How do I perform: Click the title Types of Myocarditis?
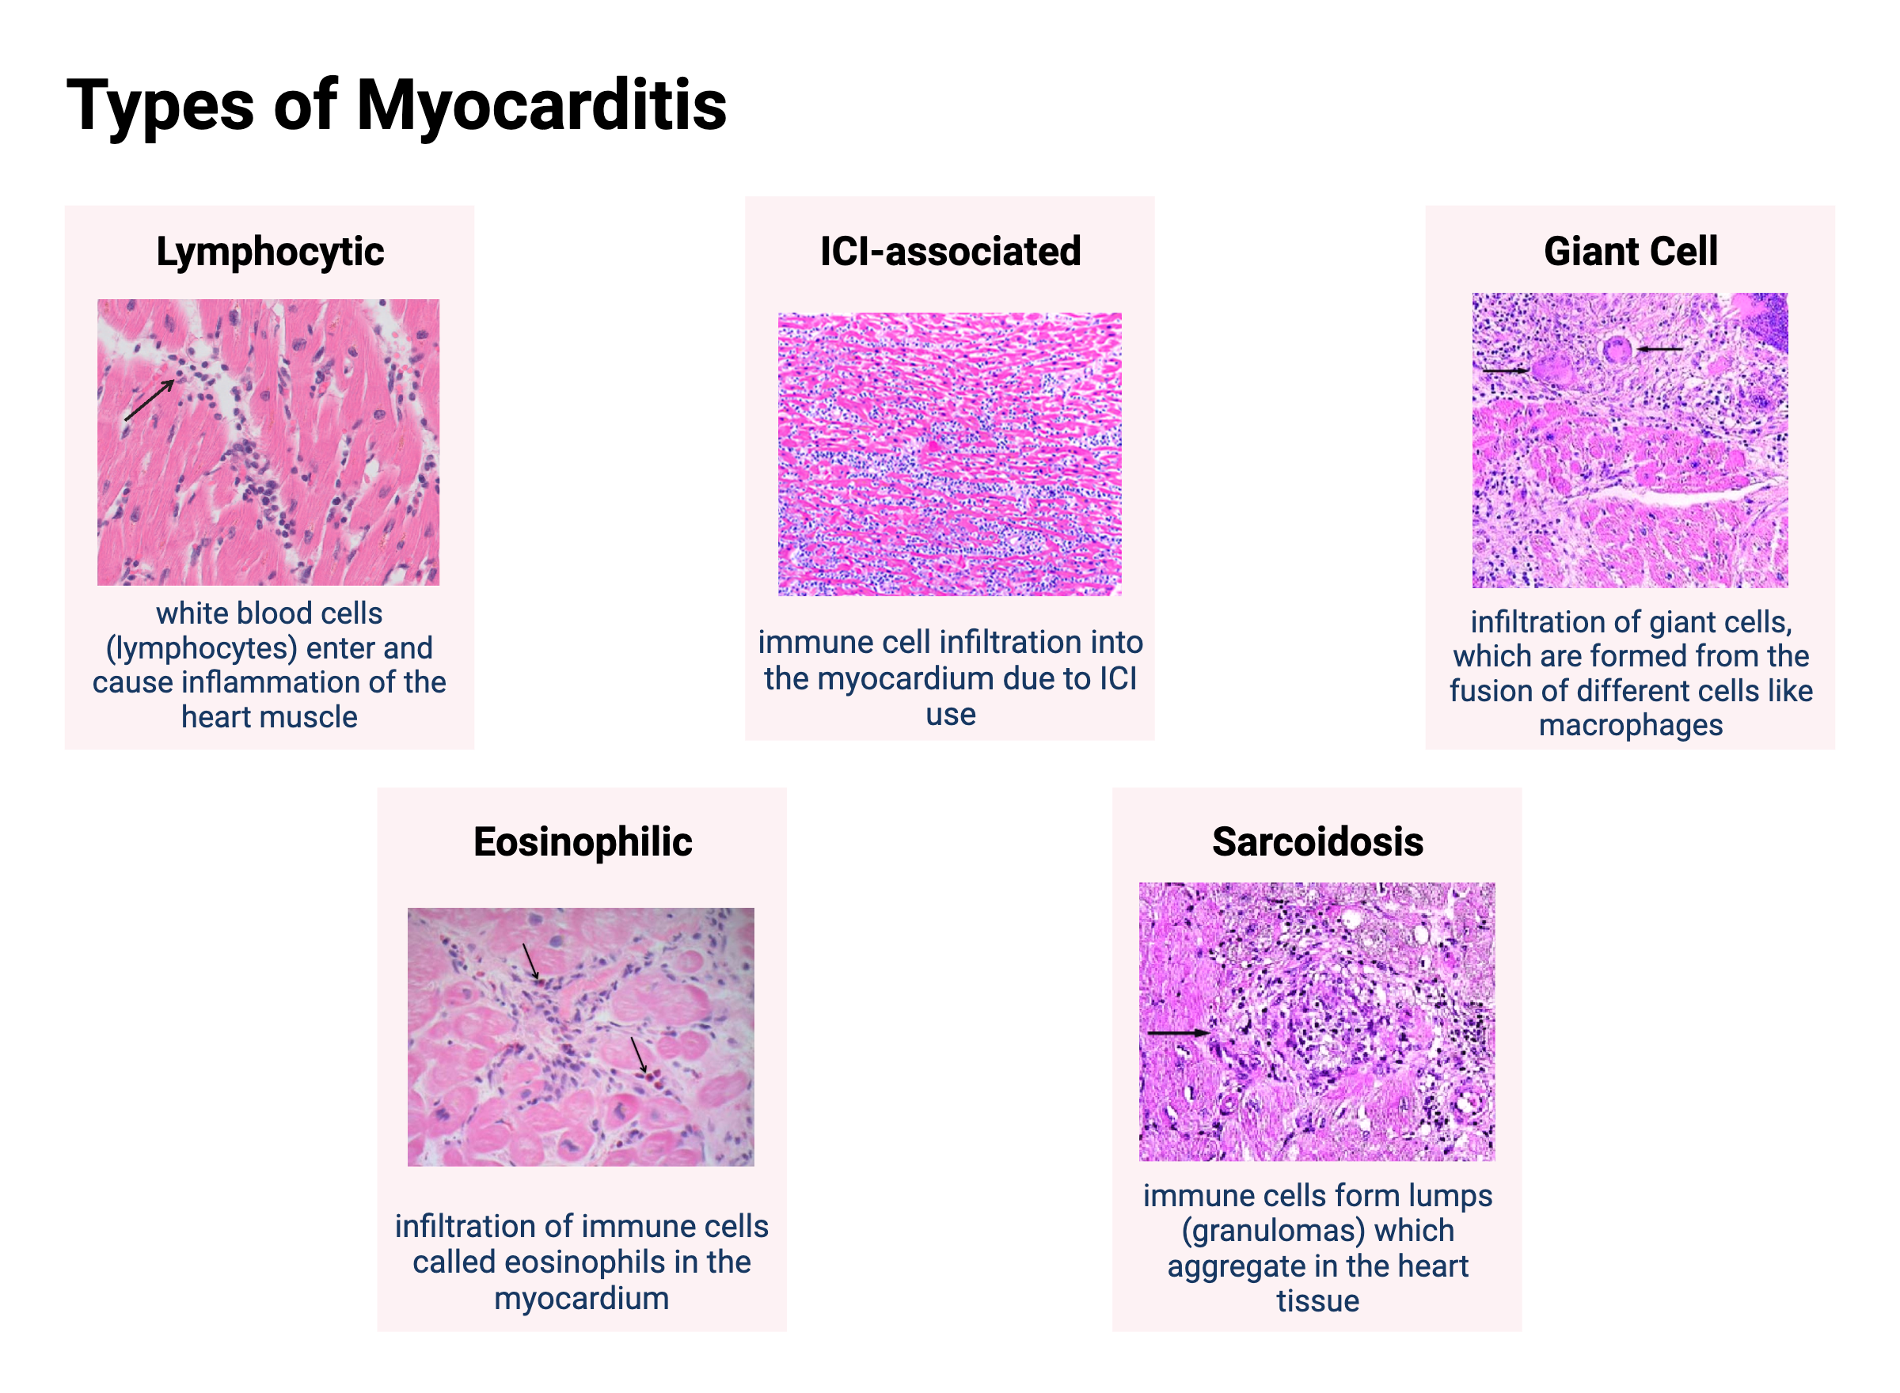(x=396, y=104)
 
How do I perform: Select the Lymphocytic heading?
(x=270, y=251)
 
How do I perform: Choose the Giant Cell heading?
(x=1629, y=251)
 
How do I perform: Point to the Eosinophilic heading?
(x=582, y=841)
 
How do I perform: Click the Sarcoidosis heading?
(x=1317, y=841)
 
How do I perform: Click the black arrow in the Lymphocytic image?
(x=150, y=400)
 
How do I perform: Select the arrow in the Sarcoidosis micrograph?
(x=1177, y=1032)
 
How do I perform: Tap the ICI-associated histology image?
(x=949, y=454)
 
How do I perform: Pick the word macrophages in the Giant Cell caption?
(x=1630, y=725)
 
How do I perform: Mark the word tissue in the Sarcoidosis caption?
(x=1317, y=1301)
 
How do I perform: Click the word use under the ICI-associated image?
(x=951, y=714)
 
